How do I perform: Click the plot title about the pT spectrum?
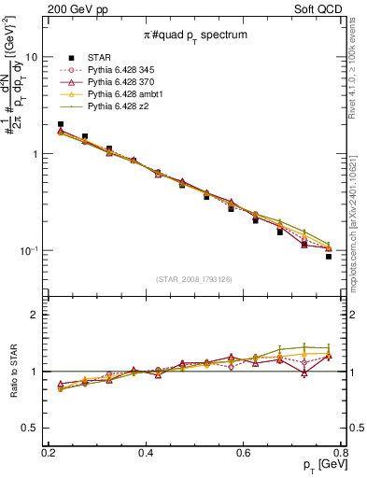(x=194, y=35)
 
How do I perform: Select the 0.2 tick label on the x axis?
(x=49, y=452)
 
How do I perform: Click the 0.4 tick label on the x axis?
(x=146, y=452)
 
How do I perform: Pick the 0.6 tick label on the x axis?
(x=244, y=452)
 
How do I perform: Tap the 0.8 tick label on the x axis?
(x=341, y=452)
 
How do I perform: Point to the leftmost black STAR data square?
(x=61, y=124)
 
